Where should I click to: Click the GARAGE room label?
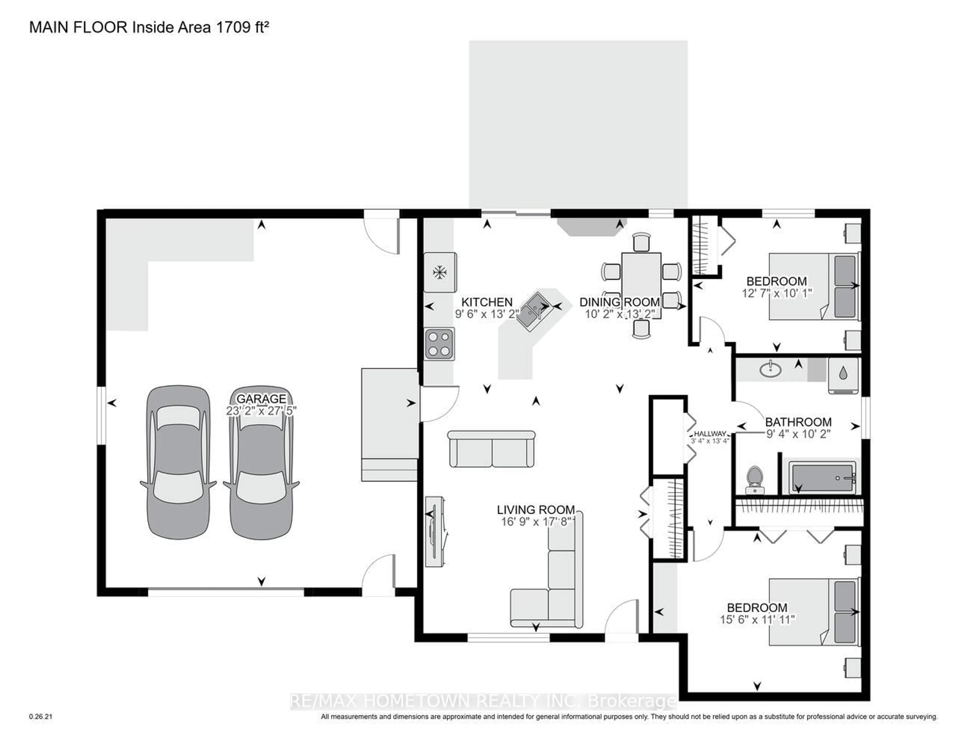(x=261, y=398)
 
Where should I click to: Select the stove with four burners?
(x=439, y=344)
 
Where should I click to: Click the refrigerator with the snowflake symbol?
(x=440, y=272)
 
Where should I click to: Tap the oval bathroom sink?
(x=770, y=369)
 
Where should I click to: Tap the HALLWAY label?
(x=710, y=434)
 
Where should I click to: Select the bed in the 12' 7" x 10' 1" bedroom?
(x=814, y=286)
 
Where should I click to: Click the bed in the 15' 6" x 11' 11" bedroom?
(x=814, y=612)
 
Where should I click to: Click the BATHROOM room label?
(x=798, y=422)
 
